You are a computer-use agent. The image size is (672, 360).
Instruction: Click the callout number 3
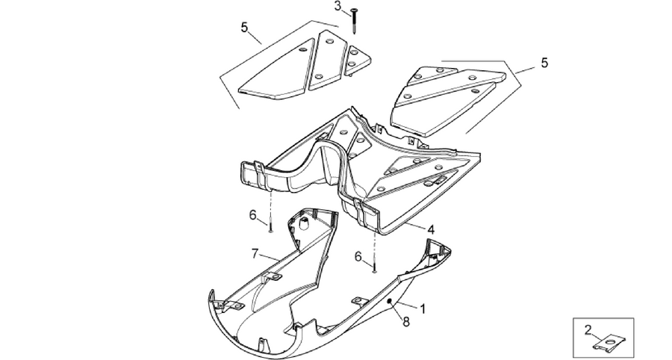pyautogui.click(x=338, y=7)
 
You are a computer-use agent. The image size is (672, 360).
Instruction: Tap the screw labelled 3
pyautogui.click(x=354, y=20)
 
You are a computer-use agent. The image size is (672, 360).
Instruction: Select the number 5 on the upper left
pyautogui.click(x=244, y=28)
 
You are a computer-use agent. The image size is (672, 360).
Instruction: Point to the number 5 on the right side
pyautogui.click(x=544, y=63)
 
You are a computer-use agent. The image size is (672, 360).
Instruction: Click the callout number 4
pyautogui.click(x=431, y=230)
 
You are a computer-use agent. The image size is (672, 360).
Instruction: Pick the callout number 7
pyautogui.click(x=255, y=254)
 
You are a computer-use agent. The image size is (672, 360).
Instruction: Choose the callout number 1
pyautogui.click(x=423, y=308)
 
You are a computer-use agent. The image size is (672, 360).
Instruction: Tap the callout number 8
pyautogui.click(x=406, y=321)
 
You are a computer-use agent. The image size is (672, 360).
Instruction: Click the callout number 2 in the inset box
pyautogui.click(x=588, y=329)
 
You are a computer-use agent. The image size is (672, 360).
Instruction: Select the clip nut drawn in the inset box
pyautogui.click(x=609, y=344)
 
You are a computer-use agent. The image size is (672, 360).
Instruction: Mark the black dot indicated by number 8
pyautogui.click(x=389, y=302)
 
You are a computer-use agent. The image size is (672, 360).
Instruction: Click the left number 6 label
pyautogui.click(x=253, y=214)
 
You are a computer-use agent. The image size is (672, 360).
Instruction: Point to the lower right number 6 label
pyautogui.click(x=358, y=257)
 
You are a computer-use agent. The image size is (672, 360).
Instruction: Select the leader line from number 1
pyautogui.click(x=406, y=305)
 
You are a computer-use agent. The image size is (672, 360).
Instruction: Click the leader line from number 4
pyautogui.click(x=414, y=226)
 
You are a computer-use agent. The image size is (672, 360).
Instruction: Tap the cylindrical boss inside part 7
pyautogui.click(x=304, y=223)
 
